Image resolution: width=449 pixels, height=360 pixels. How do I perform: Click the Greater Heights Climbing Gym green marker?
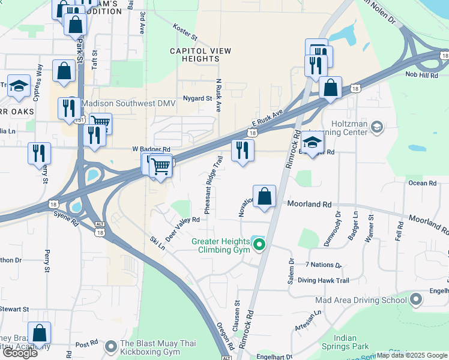pyautogui.click(x=259, y=245)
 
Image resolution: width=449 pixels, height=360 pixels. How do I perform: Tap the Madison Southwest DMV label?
pyautogui.click(x=128, y=104)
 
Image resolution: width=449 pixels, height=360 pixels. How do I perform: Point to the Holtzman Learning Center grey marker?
pyautogui.click(x=376, y=127)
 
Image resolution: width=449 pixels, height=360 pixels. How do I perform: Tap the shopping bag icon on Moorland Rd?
pyautogui.click(x=264, y=196)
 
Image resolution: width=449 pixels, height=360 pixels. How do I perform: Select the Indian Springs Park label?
pyautogui.click(x=352, y=342)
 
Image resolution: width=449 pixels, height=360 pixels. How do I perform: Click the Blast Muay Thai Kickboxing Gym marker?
pyautogui.click(x=111, y=347)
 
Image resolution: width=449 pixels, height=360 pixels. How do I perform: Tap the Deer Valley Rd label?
pyautogui.click(x=182, y=227)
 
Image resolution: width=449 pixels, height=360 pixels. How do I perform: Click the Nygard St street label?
pyautogui.click(x=198, y=98)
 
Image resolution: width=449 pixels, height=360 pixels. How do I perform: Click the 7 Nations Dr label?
pyautogui.click(x=323, y=265)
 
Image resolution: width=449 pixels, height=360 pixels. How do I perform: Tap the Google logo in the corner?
pyautogui.click(x=20, y=352)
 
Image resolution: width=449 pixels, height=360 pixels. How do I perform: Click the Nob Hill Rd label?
pyautogui.click(x=421, y=74)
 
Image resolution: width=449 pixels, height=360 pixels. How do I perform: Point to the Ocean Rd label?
pyautogui.click(x=422, y=183)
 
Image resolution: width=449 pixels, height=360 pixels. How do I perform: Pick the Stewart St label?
pyautogui.click(x=14, y=309)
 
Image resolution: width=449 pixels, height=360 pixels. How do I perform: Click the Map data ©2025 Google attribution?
pyautogui.click(x=412, y=355)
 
